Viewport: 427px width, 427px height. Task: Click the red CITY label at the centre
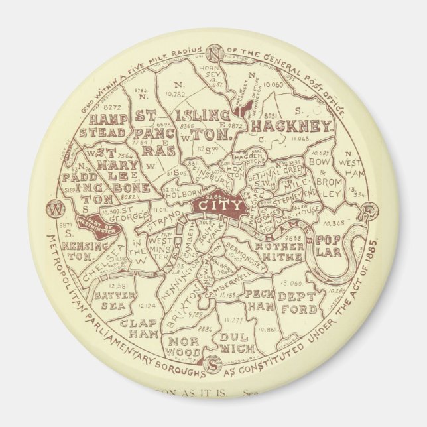click(x=218, y=206)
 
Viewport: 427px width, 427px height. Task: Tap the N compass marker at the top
click(x=213, y=54)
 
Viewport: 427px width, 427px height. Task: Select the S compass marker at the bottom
click(x=213, y=364)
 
